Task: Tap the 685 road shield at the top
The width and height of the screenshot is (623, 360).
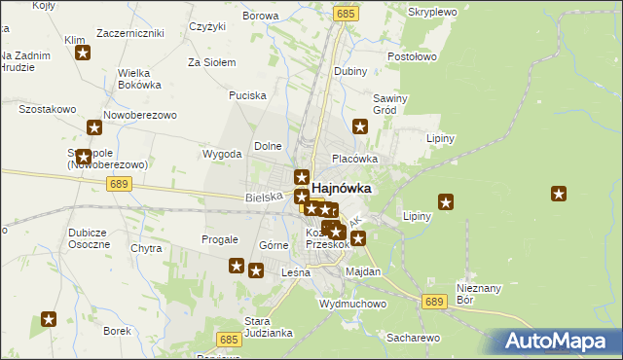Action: [x=348, y=14]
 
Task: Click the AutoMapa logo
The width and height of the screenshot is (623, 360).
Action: [x=560, y=342]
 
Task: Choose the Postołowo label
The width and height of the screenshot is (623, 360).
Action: [x=412, y=58]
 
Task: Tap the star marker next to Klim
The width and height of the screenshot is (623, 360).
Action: [x=84, y=54]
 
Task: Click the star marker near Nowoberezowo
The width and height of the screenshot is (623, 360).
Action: [x=94, y=126]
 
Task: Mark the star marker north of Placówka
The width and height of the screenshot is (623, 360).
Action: [x=360, y=126]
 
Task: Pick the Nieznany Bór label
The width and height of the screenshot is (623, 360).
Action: [x=478, y=293]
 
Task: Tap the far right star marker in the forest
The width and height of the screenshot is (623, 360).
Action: [x=559, y=194]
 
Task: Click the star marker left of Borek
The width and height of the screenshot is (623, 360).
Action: [x=49, y=318]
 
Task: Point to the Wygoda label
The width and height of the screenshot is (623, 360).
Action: [x=221, y=154]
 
